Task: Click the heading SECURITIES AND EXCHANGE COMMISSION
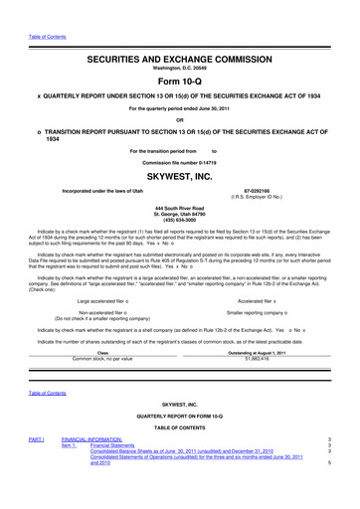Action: click(x=180, y=62)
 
